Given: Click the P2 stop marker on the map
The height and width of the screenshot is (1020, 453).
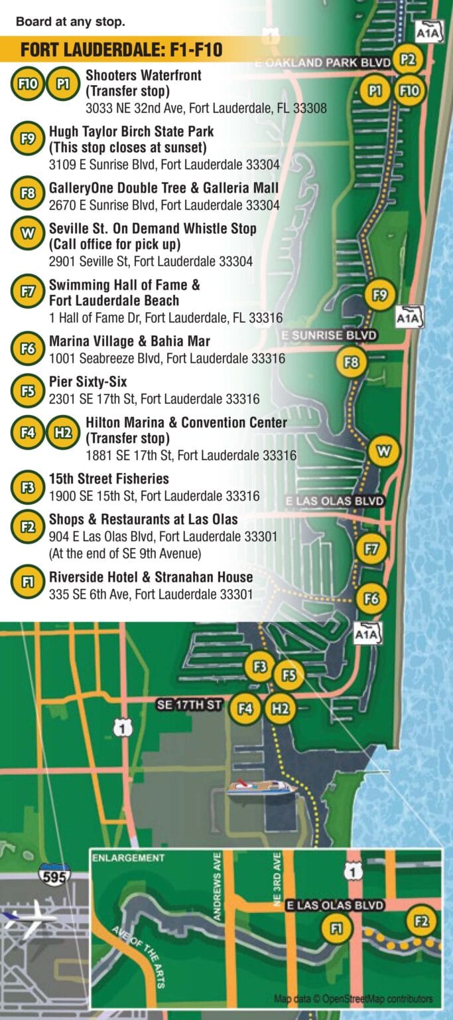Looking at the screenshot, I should coord(407,60).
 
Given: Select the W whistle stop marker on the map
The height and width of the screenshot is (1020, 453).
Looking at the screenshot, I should coord(383,452).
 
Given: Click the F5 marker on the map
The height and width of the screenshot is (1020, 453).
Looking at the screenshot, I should coord(289,675).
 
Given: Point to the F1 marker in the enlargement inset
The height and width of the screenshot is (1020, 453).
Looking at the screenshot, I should coord(336,928).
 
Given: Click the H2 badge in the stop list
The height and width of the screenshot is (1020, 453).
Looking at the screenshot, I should coord(63,432).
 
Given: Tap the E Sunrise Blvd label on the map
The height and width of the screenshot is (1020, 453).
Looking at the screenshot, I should coord(328,335).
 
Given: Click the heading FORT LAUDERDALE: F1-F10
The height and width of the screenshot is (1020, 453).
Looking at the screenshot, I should coord(121,50).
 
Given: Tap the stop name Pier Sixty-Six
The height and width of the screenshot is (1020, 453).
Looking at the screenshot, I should coord(88,382).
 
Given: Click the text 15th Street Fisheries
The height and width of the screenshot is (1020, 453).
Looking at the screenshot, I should coord(109,479).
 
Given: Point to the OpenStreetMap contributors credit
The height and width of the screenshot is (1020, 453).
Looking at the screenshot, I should coord(354,998).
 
